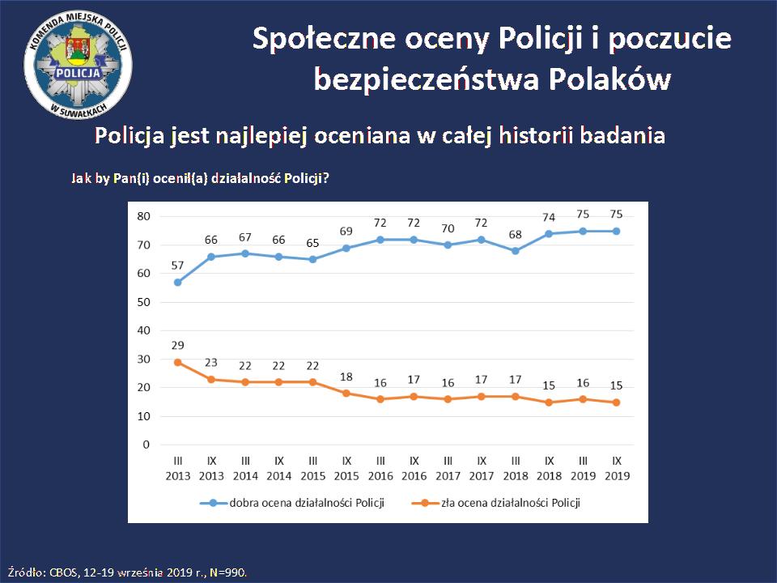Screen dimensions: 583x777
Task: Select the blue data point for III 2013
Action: click(x=177, y=282)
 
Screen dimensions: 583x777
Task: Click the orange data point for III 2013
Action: click(x=177, y=362)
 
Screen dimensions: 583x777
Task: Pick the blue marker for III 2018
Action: click(x=516, y=250)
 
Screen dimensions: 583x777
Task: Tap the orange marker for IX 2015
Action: click(x=347, y=394)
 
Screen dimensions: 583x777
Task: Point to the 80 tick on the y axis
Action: click(x=145, y=216)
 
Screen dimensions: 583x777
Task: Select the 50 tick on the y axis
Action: click(x=145, y=302)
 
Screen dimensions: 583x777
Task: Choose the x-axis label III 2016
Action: click(x=380, y=468)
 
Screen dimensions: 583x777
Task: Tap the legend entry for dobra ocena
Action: click(x=296, y=503)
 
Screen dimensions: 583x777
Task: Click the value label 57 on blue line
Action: click(x=177, y=266)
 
